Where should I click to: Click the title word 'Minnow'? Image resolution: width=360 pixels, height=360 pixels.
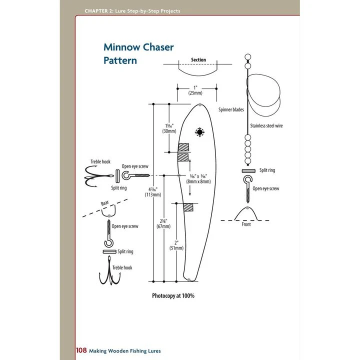click(x=120, y=48)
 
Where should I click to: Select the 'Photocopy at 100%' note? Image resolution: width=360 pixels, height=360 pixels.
click(x=173, y=295)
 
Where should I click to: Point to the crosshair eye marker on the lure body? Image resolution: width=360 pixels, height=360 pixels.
click(x=200, y=132)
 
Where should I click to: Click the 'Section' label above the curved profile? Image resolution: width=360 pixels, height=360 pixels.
click(x=198, y=60)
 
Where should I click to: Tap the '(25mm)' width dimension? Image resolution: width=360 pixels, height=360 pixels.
click(x=195, y=93)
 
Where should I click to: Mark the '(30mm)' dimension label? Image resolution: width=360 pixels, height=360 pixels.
click(x=168, y=131)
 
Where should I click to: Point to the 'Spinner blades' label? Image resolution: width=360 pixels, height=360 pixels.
click(x=231, y=109)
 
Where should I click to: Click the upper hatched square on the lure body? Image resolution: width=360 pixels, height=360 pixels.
click(x=184, y=148)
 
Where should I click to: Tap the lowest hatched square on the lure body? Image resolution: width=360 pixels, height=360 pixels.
click(x=187, y=207)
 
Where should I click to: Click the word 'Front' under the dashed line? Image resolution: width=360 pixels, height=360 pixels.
click(x=246, y=224)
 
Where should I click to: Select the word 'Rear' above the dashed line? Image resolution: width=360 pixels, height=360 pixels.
click(x=104, y=203)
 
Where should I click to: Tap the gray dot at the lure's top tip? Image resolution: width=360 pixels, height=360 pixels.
click(x=199, y=105)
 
